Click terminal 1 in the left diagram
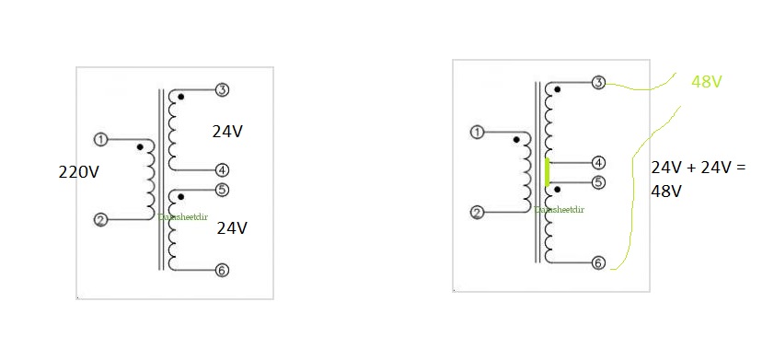click(101, 140)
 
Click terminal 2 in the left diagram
click(101, 220)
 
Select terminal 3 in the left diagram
click(222, 90)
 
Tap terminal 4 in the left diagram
click(222, 170)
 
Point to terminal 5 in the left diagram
click(222, 191)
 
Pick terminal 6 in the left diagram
click(222, 270)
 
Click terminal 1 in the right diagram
click(477, 133)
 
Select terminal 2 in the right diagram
click(477, 213)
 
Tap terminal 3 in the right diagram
click(598, 83)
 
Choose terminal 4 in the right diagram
click(598, 162)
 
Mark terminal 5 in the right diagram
click(598, 182)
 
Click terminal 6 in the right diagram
click(598, 262)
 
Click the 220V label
click(78, 171)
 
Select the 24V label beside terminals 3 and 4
click(227, 132)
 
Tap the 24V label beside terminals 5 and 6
click(233, 228)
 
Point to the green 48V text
click(706, 83)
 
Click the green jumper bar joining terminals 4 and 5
click(547, 172)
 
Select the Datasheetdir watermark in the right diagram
click(559, 210)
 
